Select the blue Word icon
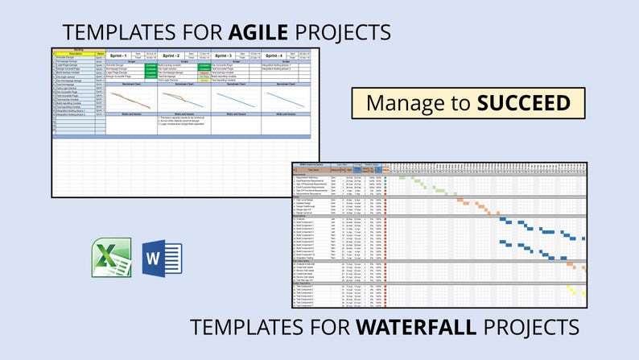coord(162,258)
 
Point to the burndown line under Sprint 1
coord(130,99)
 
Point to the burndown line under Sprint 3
coord(234,99)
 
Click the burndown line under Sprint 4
coord(287,98)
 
